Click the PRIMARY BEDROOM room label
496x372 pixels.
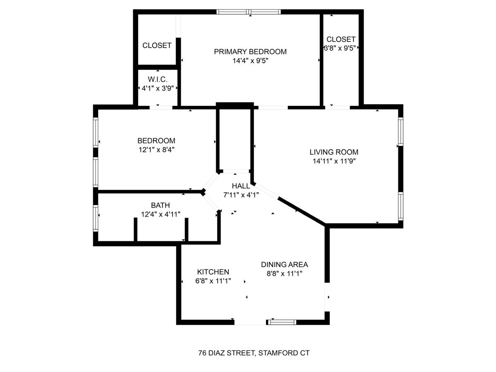(x=250, y=52)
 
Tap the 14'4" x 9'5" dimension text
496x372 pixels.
(x=250, y=61)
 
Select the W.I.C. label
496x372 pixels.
(x=158, y=79)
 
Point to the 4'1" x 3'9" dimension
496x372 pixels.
(x=158, y=88)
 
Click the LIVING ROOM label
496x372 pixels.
(x=334, y=152)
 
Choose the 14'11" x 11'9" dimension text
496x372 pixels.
(x=334, y=161)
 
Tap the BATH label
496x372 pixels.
(x=161, y=205)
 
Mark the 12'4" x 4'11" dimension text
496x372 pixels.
(x=161, y=214)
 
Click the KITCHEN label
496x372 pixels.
(x=213, y=272)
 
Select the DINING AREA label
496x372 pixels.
(x=285, y=265)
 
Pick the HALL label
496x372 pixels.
(x=241, y=186)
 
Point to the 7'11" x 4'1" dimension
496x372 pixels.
(x=241, y=195)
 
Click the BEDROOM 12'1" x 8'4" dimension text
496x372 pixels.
(x=156, y=150)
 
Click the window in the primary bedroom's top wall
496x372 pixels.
(x=249, y=12)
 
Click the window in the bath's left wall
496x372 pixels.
(x=96, y=218)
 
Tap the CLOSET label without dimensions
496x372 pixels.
(x=157, y=45)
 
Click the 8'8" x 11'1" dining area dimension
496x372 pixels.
(x=285, y=273)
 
